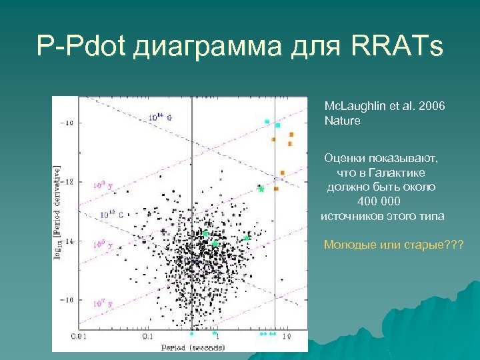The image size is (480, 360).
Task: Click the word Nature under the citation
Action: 342,121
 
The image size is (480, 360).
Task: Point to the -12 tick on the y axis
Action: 68,181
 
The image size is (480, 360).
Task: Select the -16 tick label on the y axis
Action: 68,300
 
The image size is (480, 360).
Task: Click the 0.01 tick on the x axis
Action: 78,336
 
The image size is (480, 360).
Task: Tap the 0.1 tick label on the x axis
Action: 147,336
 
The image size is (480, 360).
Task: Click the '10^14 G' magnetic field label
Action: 159,117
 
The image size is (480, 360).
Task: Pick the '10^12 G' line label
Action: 111,215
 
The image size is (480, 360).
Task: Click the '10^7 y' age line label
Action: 102,303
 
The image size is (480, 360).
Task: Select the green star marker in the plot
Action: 261,189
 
